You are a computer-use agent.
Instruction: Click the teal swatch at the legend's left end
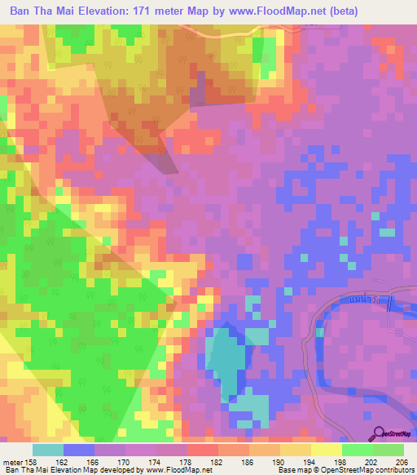point(48,449)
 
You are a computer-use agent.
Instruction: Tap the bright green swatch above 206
point(388,449)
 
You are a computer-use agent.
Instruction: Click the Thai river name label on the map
point(366,302)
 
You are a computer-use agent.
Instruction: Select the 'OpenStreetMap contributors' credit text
point(371,469)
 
